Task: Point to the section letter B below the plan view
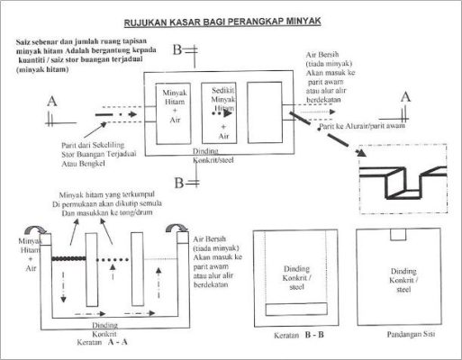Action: click(178, 184)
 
